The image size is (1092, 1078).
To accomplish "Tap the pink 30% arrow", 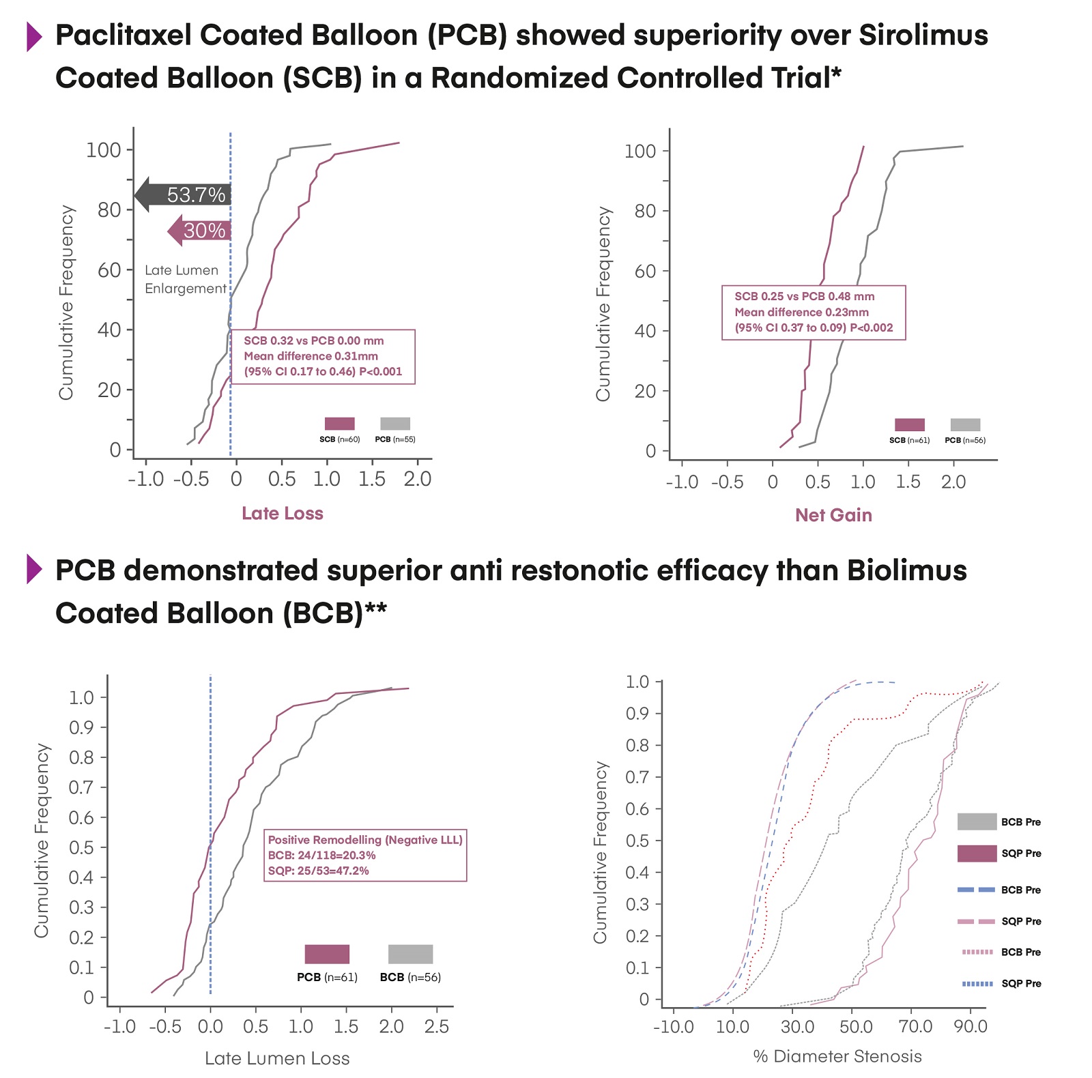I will coord(199,231).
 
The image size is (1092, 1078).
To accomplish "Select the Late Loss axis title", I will coord(282,513).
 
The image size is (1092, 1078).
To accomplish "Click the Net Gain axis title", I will coord(833,515).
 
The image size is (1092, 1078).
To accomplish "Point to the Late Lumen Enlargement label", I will coord(184,279).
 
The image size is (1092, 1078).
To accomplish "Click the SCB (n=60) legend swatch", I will coord(339,424).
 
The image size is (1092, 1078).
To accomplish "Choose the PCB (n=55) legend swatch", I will coord(395,424).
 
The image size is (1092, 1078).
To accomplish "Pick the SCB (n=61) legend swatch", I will coord(909,425).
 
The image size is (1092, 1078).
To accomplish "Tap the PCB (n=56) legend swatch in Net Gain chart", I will coord(965,425).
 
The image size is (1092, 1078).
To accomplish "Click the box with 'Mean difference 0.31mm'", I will coord(320,356).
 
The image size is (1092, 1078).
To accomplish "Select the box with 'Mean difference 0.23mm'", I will coord(814,312).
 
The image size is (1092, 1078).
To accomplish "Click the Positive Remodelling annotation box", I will coord(365,855).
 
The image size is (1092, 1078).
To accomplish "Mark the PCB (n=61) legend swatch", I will coord(327,954).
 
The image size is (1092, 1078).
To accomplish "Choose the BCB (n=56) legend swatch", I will coord(410,954).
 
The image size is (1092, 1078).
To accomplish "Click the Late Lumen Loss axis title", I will coord(277,1058).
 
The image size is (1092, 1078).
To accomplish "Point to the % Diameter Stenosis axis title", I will coord(837,1056).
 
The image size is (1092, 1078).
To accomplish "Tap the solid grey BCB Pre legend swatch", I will coord(977,821).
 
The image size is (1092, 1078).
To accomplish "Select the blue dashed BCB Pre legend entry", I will coord(977,890).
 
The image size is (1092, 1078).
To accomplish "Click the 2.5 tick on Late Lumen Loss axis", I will coord(437,1026).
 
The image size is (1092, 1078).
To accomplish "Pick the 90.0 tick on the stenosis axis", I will coord(971,1026).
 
